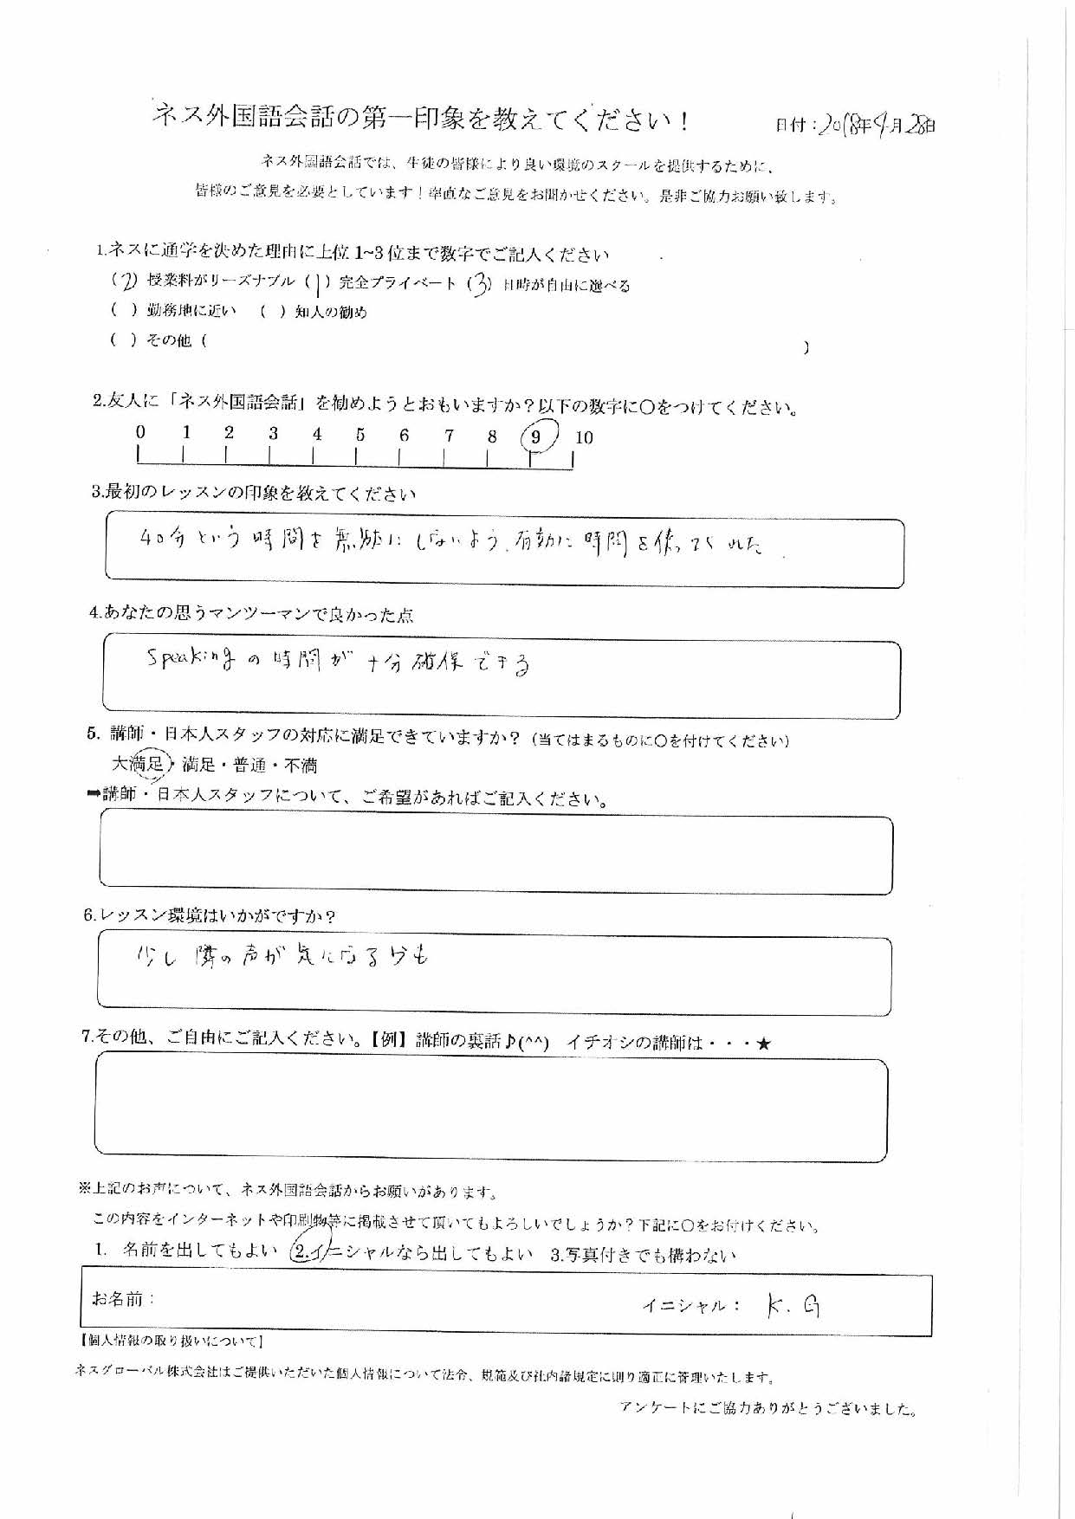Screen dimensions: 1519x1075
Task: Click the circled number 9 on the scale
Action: click(x=536, y=437)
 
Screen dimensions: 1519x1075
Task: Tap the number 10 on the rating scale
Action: click(x=584, y=438)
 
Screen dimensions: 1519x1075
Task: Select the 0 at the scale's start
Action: click(x=140, y=432)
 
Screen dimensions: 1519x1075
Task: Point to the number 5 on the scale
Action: click(x=359, y=435)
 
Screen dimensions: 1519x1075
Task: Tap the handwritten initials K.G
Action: click(x=793, y=1306)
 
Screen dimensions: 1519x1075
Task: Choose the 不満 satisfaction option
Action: click(x=300, y=766)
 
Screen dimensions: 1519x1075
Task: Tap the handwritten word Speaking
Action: click(x=190, y=661)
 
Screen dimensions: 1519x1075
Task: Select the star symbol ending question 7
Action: click(x=763, y=1044)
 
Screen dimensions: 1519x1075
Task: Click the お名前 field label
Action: click(x=122, y=1299)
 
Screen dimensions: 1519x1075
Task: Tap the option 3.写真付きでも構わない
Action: click(x=643, y=1255)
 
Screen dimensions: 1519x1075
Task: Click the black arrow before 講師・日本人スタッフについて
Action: click(x=93, y=795)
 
